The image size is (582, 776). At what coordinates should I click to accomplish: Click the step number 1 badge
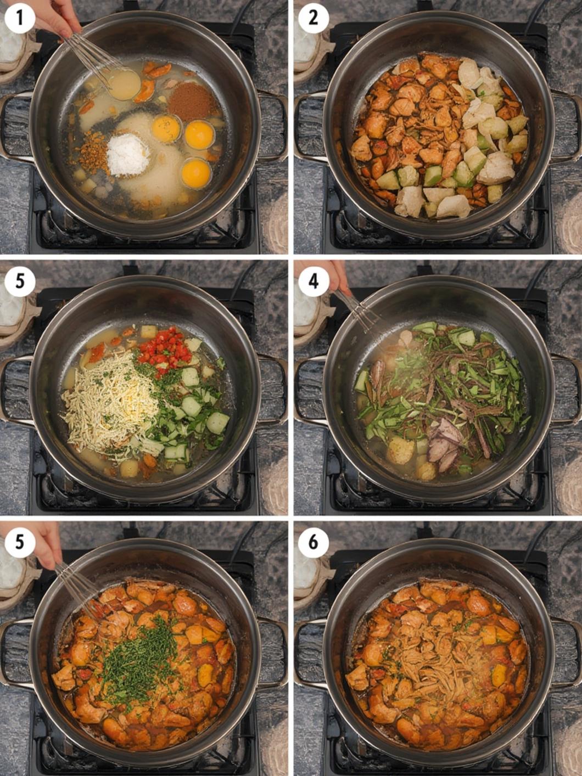point(19,18)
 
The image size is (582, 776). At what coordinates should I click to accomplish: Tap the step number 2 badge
point(314,18)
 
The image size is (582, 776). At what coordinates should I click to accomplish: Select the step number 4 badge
point(314,282)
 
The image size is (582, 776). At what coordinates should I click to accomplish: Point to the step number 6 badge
point(314,542)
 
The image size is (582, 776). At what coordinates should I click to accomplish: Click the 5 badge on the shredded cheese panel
point(19,282)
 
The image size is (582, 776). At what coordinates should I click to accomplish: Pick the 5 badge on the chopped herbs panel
point(19,542)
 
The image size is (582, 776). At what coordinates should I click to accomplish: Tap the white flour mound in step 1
point(128,155)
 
